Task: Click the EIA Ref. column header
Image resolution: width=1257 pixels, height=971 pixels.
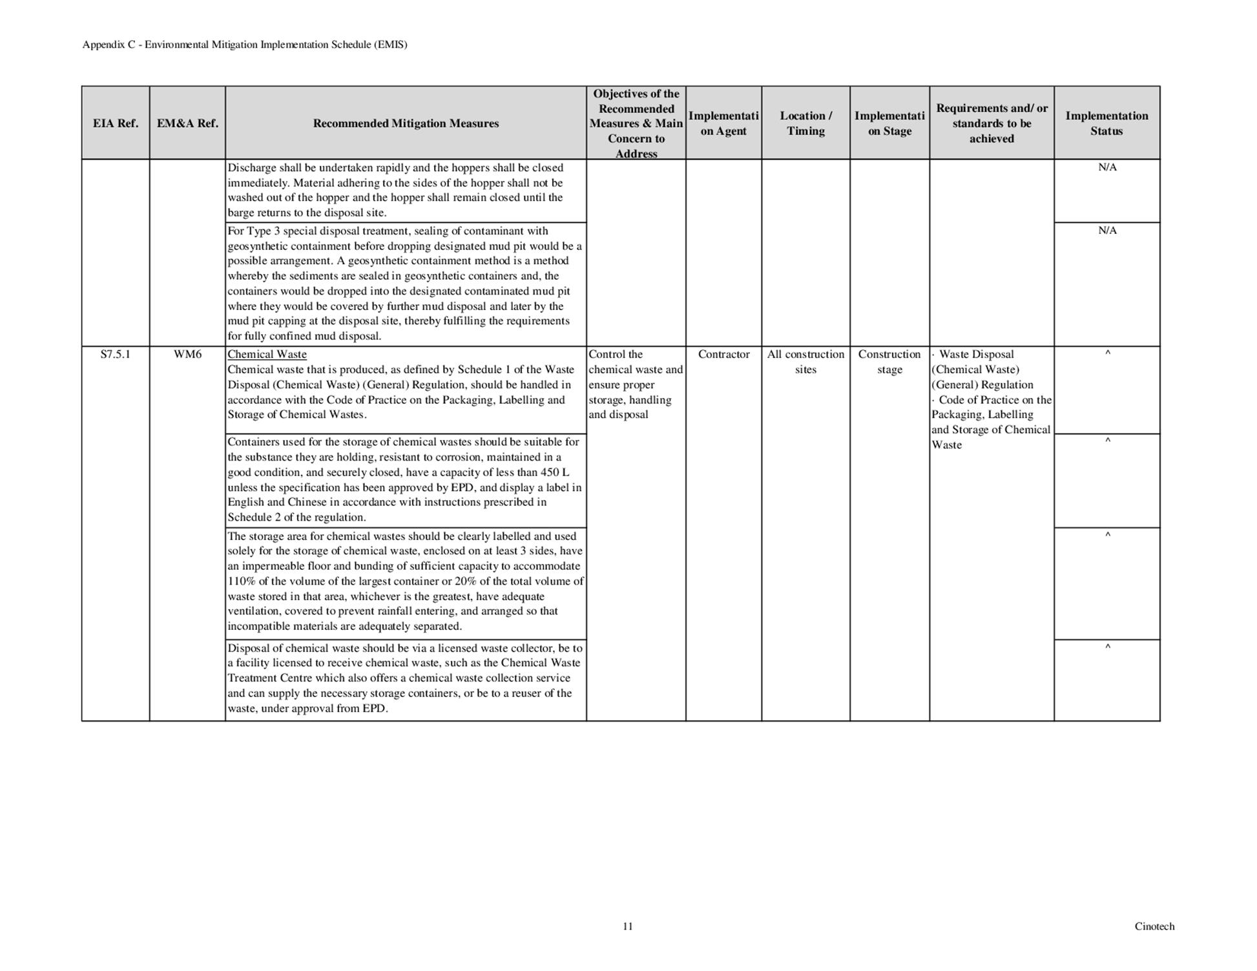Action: pos(116,123)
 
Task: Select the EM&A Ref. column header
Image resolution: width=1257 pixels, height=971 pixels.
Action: pos(187,123)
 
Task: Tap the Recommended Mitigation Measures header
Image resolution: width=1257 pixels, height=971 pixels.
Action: pos(406,123)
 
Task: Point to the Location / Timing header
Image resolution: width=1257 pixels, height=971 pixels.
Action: pos(805,123)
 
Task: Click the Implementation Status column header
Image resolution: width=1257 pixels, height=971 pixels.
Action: pos(1106,123)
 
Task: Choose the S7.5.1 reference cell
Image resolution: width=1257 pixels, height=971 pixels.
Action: pos(116,355)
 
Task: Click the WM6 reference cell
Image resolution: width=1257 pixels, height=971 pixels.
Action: pos(187,355)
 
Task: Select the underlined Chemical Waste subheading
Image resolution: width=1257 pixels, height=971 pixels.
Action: pos(267,355)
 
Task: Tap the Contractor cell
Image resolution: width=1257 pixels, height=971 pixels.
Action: pos(723,355)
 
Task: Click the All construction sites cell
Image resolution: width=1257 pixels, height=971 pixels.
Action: pos(805,362)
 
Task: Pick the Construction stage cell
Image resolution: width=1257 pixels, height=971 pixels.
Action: pos(889,362)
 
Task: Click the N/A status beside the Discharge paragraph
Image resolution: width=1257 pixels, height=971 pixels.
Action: pos(1107,167)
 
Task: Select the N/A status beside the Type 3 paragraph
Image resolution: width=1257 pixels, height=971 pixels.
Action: pos(1107,231)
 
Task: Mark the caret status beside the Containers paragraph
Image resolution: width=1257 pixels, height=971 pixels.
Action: pos(1107,441)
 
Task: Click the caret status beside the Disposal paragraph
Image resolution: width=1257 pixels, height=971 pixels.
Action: pos(1107,646)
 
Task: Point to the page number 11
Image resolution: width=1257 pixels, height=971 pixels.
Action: pos(628,926)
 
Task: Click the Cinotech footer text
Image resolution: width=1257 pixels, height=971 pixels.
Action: pos(1154,926)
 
